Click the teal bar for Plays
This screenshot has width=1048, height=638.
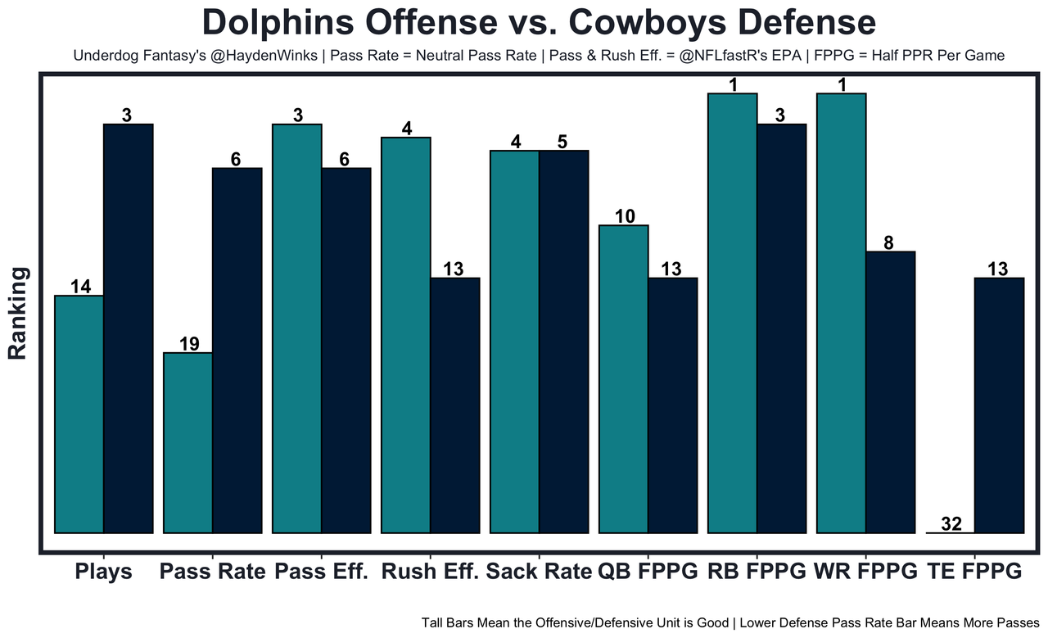pyautogui.click(x=79, y=414)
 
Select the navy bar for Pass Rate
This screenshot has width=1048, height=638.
pyautogui.click(x=237, y=351)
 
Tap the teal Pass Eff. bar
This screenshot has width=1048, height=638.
pyautogui.click(x=296, y=328)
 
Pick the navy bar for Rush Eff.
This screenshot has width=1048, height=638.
pyautogui.click(x=454, y=405)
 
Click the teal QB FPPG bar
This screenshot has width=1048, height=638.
pyautogui.click(x=623, y=378)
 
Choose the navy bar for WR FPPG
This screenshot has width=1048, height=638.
pyautogui.click(x=890, y=391)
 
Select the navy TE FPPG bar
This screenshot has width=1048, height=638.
pyautogui.click(x=999, y=405)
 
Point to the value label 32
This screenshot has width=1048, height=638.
pyautogui.click(x=951, y=524)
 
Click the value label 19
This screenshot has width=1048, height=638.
pyautogui.click(x=188, y=344)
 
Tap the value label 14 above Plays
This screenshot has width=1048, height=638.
pyautogui.click(x=79, y=287)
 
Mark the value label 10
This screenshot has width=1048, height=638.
pyautogui.click(x=623, y=216)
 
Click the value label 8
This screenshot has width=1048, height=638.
pyautogui.click(x=890, y=242)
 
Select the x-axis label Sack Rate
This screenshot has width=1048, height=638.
pyautogui.click(x=539, y=572)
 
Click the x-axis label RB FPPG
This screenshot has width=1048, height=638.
pyautogui.click(x=757, y=572)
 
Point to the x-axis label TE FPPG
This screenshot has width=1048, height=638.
pyautogui.click(x=974, y=572)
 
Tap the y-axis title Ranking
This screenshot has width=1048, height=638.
pyautogui.click(x=18, y=313)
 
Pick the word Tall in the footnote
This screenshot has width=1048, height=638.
pyautogui.click(x=434, y=622)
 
